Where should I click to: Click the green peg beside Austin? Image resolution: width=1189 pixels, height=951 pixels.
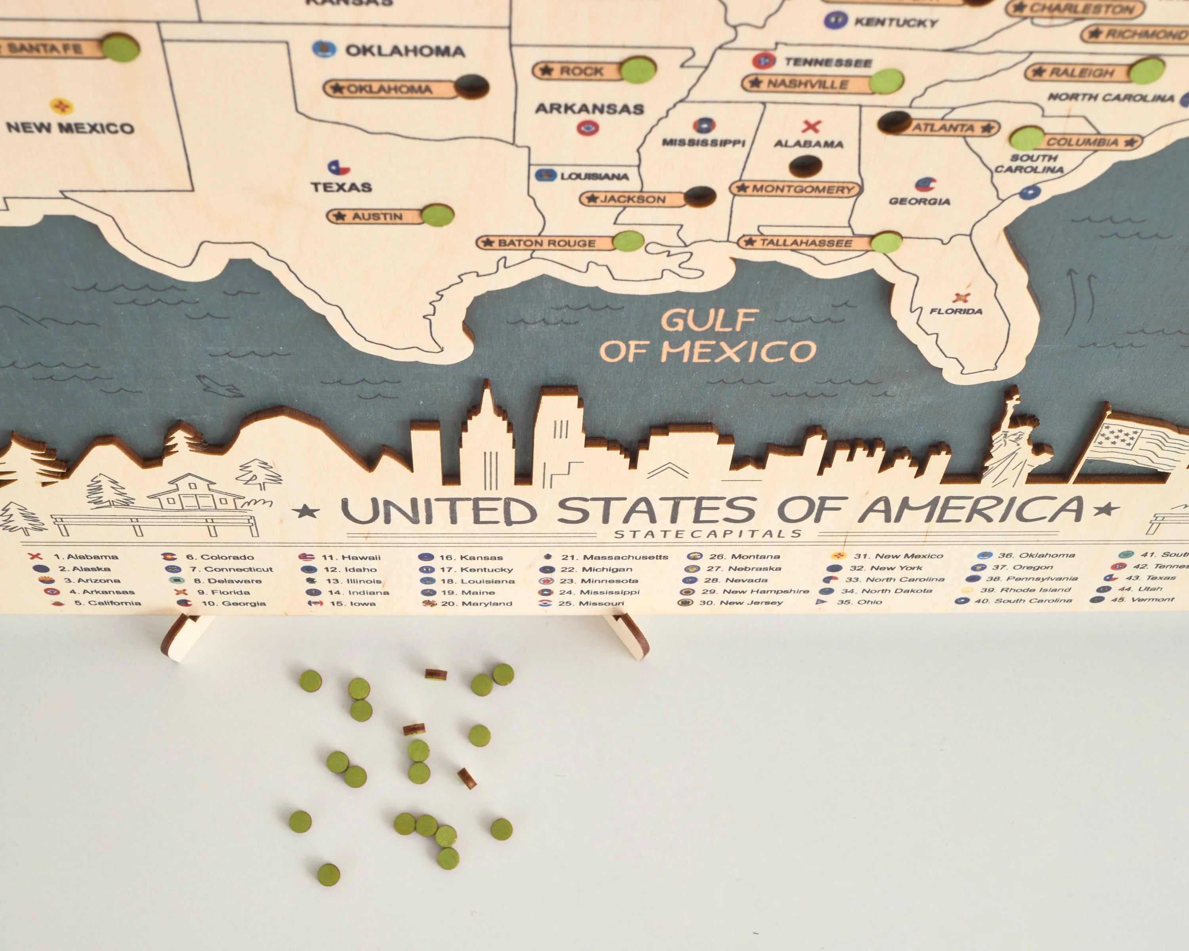(x=438, y=216)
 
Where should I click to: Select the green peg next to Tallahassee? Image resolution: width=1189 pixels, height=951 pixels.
(x=886, y=243)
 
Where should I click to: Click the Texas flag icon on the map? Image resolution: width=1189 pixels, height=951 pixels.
(x=338, y=167)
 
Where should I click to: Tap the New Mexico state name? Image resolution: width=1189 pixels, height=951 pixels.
(x=70, y=128)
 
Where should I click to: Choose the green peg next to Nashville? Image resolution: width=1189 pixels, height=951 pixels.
(x=886, y=82)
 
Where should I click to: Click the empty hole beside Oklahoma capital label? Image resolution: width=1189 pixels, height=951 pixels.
(x=472, y=86)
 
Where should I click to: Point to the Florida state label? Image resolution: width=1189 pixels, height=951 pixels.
(x=956, y=311)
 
